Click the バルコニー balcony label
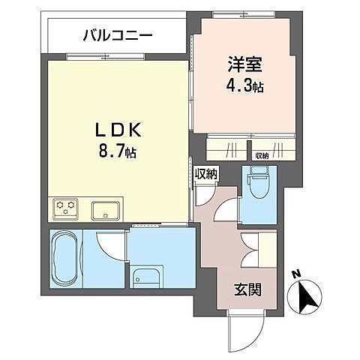[117, 34]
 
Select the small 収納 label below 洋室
[261, 155]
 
